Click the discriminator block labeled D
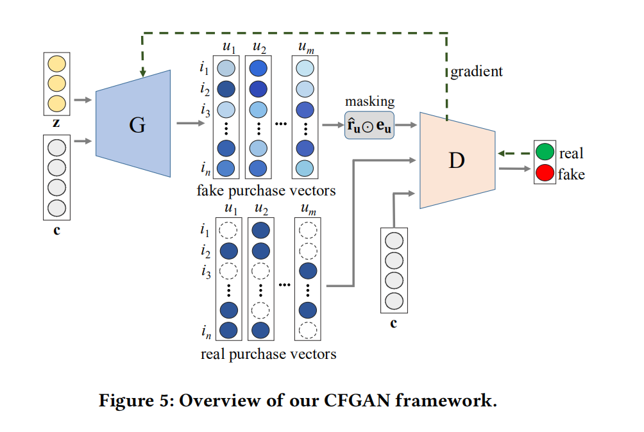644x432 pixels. click(x=456, y=160)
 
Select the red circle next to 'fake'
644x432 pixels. click(x=545, y=174)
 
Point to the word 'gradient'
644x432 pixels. click(x=477, y=71)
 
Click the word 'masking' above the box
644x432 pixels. click(x=369, y=102)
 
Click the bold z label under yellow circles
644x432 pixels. click(x=56, y=122)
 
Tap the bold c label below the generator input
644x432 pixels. click(x=56, y=229)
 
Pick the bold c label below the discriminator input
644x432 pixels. click(x=393, y=323)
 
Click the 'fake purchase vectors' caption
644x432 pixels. click(x=266, y=190)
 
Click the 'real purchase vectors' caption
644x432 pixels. click(x=268, y=354)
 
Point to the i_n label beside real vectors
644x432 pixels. click(x=205, y=331)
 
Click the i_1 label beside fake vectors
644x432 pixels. click(x=204, y=67)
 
